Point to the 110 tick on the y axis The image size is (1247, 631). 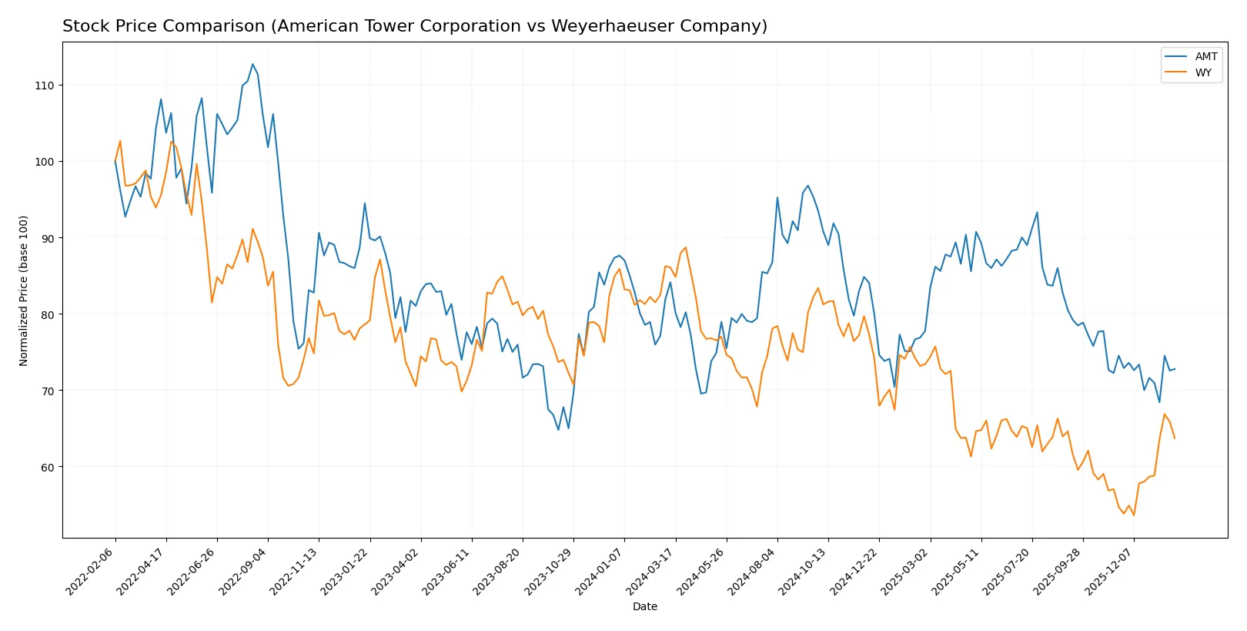point(45,86)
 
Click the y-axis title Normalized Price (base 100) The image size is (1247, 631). point(24,290)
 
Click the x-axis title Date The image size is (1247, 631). point(644,606)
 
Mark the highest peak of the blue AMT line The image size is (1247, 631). point(252,64)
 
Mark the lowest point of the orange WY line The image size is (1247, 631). point(1134,515)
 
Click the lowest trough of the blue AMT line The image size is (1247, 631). point(559,429)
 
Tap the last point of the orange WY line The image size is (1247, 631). point(1175,438)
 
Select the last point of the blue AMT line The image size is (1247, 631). point(1175,369)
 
